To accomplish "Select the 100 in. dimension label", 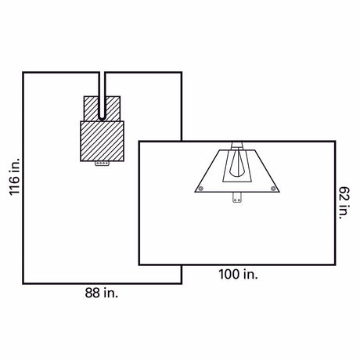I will [238, 275].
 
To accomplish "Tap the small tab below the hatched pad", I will [101, 165].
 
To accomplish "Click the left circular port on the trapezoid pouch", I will [201, 188].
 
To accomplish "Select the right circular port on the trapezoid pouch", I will [272, 188].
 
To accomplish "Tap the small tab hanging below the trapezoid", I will [236, 196].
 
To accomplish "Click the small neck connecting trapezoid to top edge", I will [236, 146].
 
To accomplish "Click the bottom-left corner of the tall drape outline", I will [23, 282].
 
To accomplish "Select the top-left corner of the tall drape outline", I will [23, 73].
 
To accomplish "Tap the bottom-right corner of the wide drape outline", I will [334, 265].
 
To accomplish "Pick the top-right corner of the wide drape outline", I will [334, 142].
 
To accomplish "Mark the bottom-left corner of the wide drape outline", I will [139, 265].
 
